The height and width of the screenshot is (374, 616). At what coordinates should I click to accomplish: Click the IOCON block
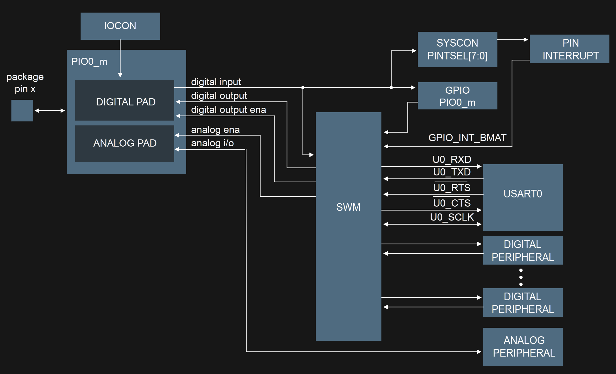pyautogui.click(x=120, y=26)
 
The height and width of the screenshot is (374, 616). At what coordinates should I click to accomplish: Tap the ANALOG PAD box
pyautogui.click(x=125, y=143)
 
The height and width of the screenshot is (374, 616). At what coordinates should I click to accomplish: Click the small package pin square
pyautogui.click(x=22, y=111)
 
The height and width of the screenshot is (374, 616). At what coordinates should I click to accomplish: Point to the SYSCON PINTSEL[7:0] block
pyautogui.click(x=457, y=49)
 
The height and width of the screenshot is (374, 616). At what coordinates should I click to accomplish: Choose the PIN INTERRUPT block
pyautogui.click(x=569, y=49)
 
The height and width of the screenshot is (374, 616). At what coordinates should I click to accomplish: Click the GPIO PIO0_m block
pyautogui.click(x=457, y=96)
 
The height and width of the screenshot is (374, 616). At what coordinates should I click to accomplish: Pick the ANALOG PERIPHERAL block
pyautogui.click(x=523, y=347)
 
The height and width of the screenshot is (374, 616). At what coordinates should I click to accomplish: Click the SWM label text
pyautogui.click(x=348, y=207)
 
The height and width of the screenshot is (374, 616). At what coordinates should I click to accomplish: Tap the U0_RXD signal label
pyautogui.click(x=452, y=159)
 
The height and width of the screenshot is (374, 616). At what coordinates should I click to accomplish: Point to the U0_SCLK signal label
pyautogui.click(x=452, y=217)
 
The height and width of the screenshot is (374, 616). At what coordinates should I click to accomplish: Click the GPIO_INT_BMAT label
pyautogui.click(x=467, y=138)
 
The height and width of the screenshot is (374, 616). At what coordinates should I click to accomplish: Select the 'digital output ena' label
pyautogui.click(x=228, y=110)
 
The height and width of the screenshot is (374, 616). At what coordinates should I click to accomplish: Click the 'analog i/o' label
pyautogui.click(x=212, y=143)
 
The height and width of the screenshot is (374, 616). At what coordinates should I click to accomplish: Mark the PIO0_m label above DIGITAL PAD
pyautogui.click(x=89, y=61)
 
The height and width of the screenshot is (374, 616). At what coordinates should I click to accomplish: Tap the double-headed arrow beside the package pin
pyautogui.click(x=50, y=111)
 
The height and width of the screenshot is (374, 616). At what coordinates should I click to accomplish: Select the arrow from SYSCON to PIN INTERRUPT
pyautogui.click(x=513, y=40)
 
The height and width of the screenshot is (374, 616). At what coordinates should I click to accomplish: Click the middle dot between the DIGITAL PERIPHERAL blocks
pyautogui.click(x=521, y=277)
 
